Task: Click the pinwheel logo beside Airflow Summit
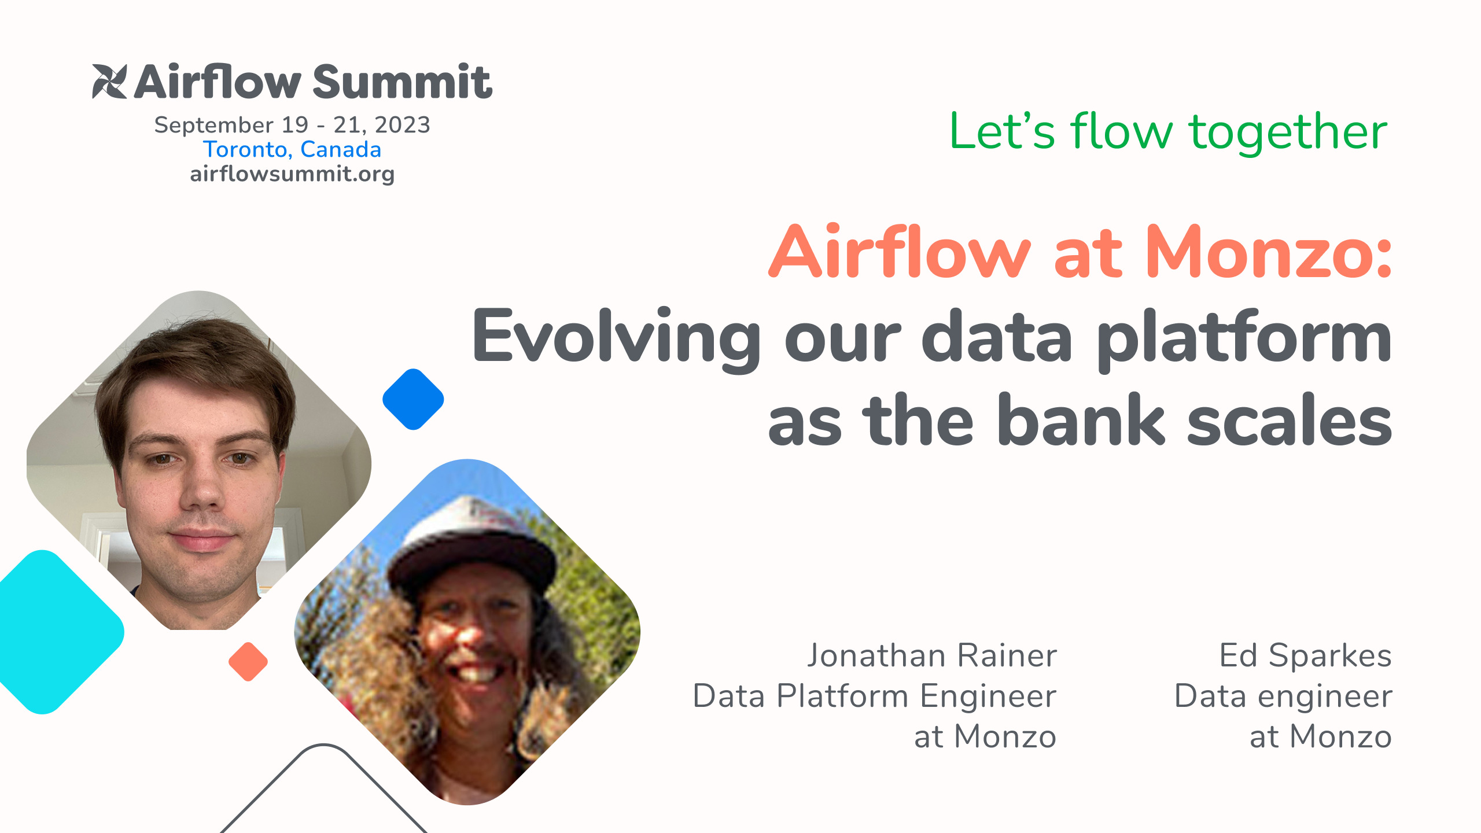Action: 109,82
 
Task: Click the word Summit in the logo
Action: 402,82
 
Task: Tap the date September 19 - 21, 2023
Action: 292,125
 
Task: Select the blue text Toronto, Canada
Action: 292,150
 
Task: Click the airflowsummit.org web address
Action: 292,174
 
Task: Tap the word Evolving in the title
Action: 616,338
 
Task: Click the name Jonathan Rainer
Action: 932,656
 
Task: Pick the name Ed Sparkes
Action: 1305,656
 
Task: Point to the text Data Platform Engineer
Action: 874,696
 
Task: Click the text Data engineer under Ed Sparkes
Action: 1283,696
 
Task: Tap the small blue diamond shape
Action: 413,399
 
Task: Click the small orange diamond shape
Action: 248,661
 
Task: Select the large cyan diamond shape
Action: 52,632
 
